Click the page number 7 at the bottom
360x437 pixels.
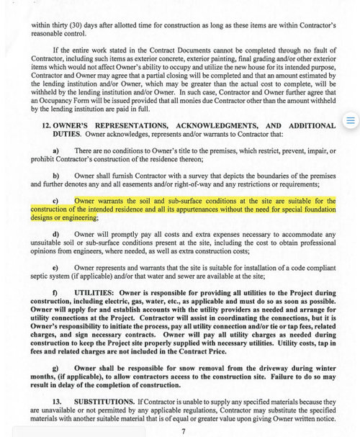click(184, 431)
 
